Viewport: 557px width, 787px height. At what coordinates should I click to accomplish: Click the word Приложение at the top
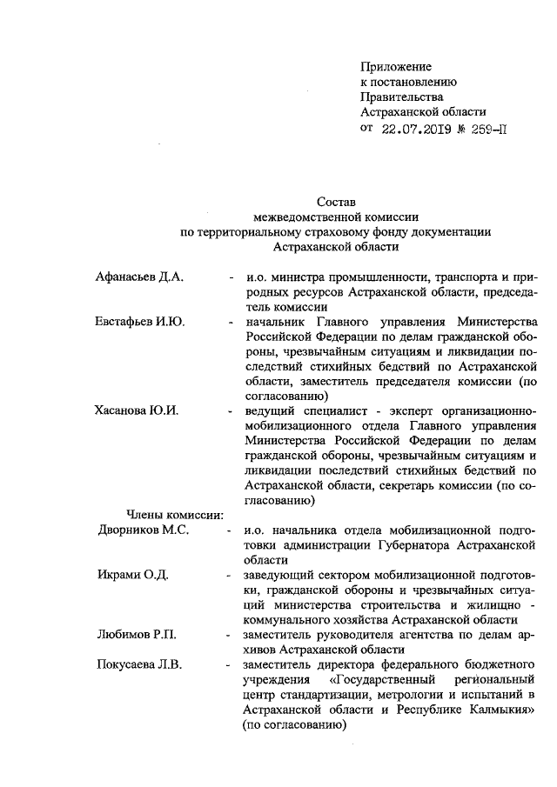(x=396, y=66)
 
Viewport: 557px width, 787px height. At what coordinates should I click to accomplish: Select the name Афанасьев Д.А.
(x=139, y=277)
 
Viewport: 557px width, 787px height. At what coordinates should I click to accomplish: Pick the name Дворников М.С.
(x=142, y=530)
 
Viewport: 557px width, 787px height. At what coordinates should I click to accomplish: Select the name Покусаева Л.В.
(x=138, y=665)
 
